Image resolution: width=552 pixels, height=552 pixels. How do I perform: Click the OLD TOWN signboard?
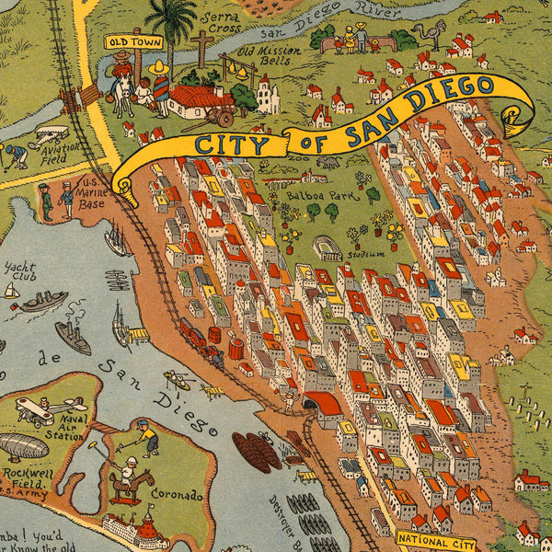click(133, 41)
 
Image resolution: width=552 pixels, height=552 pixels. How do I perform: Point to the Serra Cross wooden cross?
click(201, 48)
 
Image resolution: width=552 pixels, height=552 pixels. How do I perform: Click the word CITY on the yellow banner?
click(232, 144)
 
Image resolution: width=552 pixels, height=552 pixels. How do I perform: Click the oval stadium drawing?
click(328, 247)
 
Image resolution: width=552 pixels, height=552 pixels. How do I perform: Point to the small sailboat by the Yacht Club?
click(11, 290)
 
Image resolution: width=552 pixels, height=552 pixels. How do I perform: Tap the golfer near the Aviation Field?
click(15, 155)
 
